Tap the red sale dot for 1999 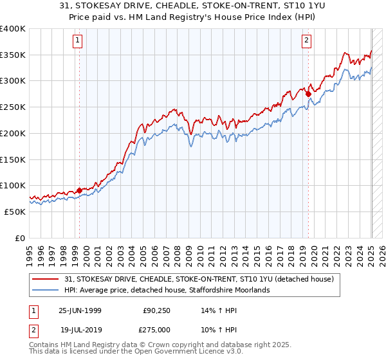79,190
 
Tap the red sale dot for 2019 308,94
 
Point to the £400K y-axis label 13,29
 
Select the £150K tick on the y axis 13,159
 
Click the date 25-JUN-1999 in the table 80,310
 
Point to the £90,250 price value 156,310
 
